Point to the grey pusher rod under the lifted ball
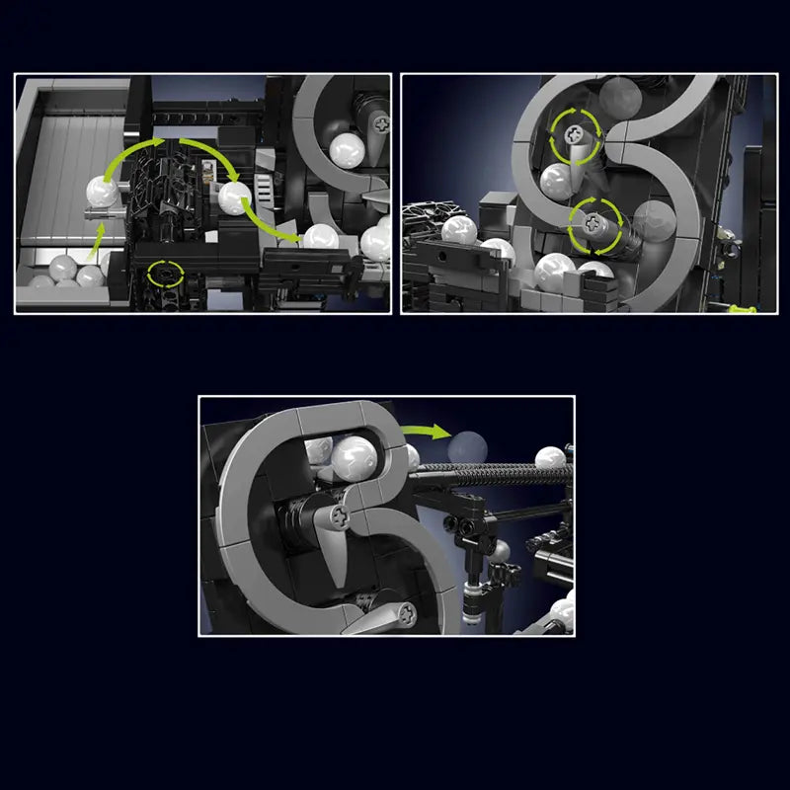click(102, 211)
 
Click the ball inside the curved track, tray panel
click(347, 149)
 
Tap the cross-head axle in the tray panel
click(381, 123)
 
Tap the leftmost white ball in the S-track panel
click(459, 231)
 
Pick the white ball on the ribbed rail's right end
click(551, 457)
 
